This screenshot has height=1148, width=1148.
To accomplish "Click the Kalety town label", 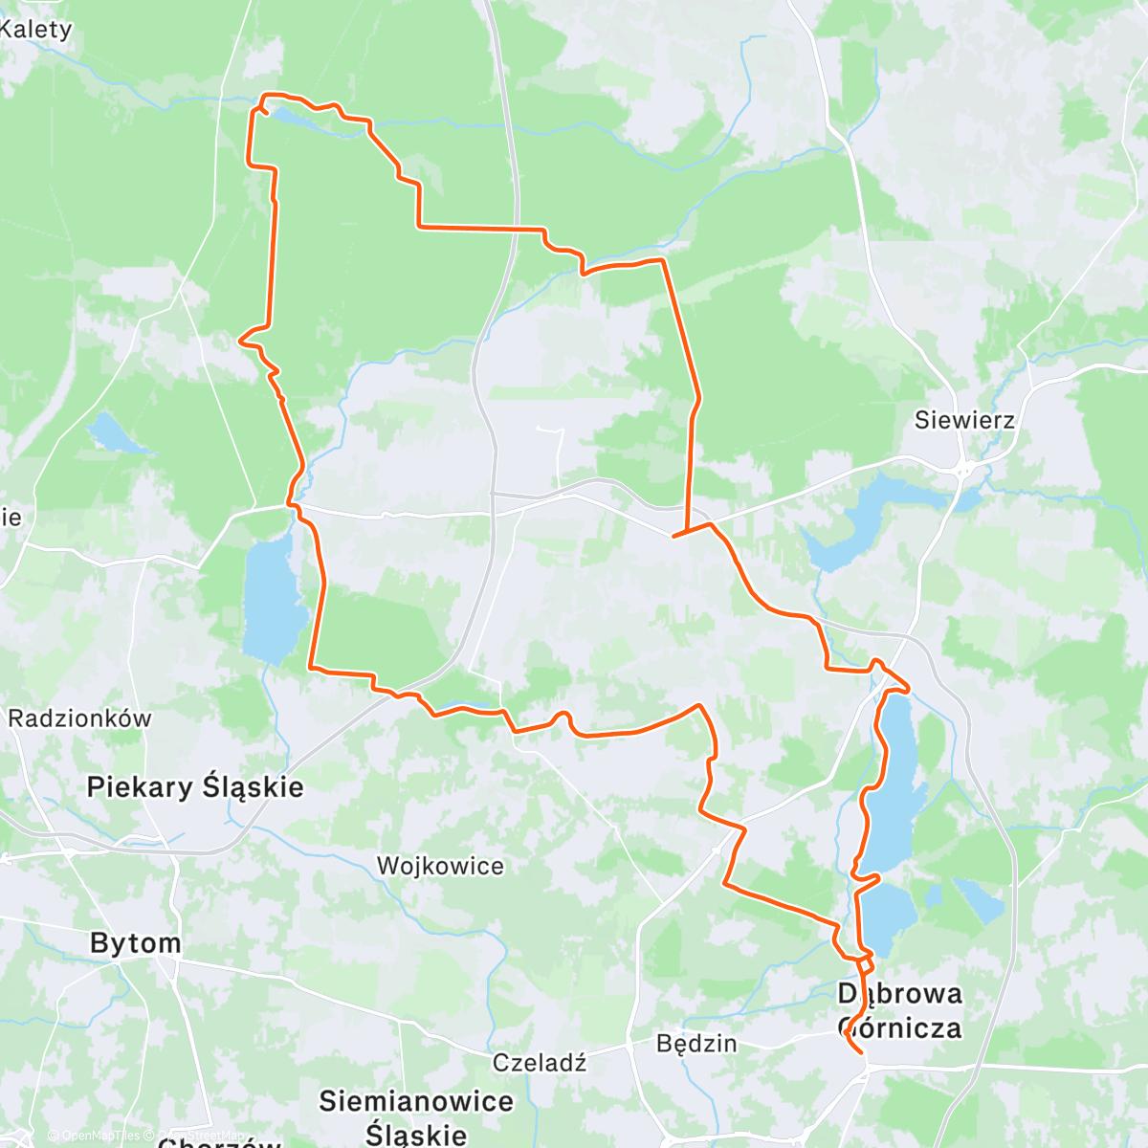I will point(35,29).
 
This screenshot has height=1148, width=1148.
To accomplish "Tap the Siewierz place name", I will point(963,419).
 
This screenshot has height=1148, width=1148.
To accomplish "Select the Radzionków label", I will point(79,718).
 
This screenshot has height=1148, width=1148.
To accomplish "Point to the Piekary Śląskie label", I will point(195,787).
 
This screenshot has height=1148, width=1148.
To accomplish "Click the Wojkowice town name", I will point(440,866).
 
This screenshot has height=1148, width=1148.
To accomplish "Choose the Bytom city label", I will point(135,943).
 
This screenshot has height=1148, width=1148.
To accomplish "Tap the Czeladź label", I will point(539,1062).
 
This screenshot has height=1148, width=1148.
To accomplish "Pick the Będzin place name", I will point(696,1043).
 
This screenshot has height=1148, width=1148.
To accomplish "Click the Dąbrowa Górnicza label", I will point(899,1010).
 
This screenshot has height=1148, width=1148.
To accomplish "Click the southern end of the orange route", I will point(863,1053).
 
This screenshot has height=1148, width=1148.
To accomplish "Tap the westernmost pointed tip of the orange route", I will point(239,337).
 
